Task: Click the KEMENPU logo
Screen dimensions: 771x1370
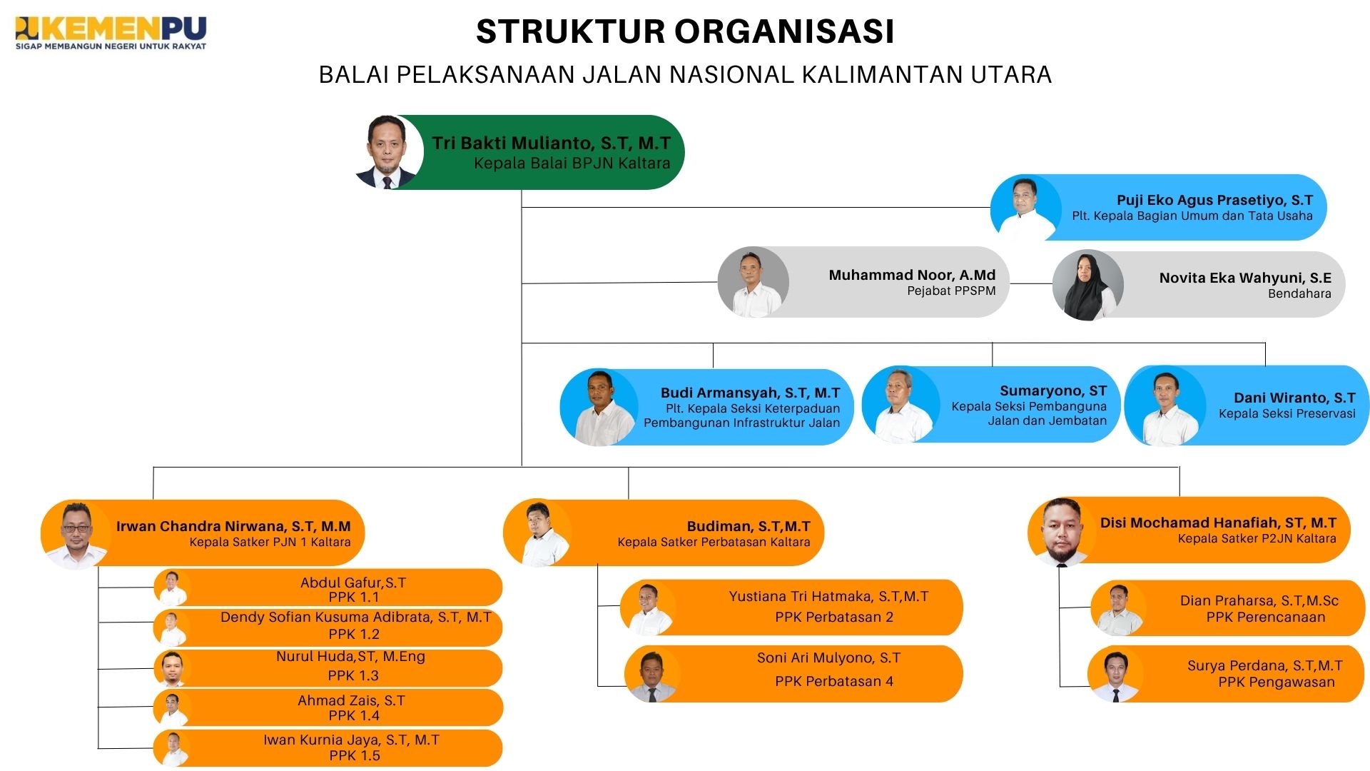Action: [x=111, y=33]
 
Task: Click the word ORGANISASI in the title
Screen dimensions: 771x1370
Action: [x=784, y=31]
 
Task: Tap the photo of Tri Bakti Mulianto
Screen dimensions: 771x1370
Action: [x=387, y=152]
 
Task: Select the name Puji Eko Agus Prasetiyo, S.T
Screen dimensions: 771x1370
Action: [x=1214, y=201]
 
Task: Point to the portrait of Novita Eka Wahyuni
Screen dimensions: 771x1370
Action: [x=1087, y=285]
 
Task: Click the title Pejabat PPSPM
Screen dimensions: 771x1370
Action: [x=951, y=291]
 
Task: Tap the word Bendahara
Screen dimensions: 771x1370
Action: [x=1299, y=293]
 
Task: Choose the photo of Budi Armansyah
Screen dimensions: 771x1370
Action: [x=600, y=408]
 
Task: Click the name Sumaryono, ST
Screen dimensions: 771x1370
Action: [x=1053, y=390]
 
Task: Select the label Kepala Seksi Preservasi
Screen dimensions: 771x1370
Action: [x=1287, y=414]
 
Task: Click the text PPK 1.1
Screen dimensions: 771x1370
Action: [x=354, y=598]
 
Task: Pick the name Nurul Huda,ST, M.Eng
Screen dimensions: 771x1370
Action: [x=350, y=657]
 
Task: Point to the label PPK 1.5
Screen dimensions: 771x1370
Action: [x=355, y=755]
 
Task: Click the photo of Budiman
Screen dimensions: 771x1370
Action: [x=539, y=533]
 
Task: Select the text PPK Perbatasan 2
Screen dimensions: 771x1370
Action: [x=834, y=618]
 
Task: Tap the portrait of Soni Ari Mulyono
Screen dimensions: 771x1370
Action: [x=651, y=675]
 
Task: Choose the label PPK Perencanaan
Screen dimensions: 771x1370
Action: [x=1265, y=618]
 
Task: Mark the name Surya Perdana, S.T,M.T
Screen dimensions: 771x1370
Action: [x=1264, y=666]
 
